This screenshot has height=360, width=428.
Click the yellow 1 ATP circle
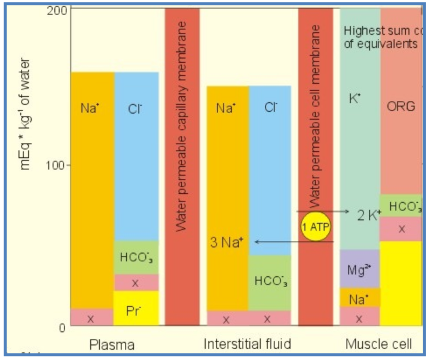coord(316,226)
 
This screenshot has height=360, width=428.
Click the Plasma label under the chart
coord(112,344)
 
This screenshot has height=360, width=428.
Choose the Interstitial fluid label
coord(247,344)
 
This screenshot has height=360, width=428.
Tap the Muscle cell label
coord(378,344)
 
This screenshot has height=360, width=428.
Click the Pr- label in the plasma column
coord(134,310)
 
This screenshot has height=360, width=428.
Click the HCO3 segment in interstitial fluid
coord(270,280)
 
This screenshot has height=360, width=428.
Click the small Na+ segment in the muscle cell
coord(359,297)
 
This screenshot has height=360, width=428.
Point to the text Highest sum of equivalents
coord(380,36)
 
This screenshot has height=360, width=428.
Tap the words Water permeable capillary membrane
coord(182,126)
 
